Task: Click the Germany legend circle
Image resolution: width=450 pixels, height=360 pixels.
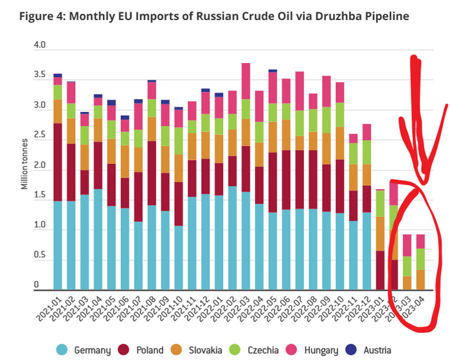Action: (62, 350)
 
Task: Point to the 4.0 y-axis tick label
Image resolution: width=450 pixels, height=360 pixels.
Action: (40, 46)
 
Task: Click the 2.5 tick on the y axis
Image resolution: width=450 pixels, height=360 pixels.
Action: (40, 136)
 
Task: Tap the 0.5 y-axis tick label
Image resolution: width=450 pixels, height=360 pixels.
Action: (40, 256)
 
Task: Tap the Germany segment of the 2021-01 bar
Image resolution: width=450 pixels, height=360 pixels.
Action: (58, 244)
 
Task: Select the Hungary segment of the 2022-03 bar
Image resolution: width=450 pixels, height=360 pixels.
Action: (246, 80)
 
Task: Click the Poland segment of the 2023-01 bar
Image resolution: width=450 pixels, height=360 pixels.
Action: (380, 270)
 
